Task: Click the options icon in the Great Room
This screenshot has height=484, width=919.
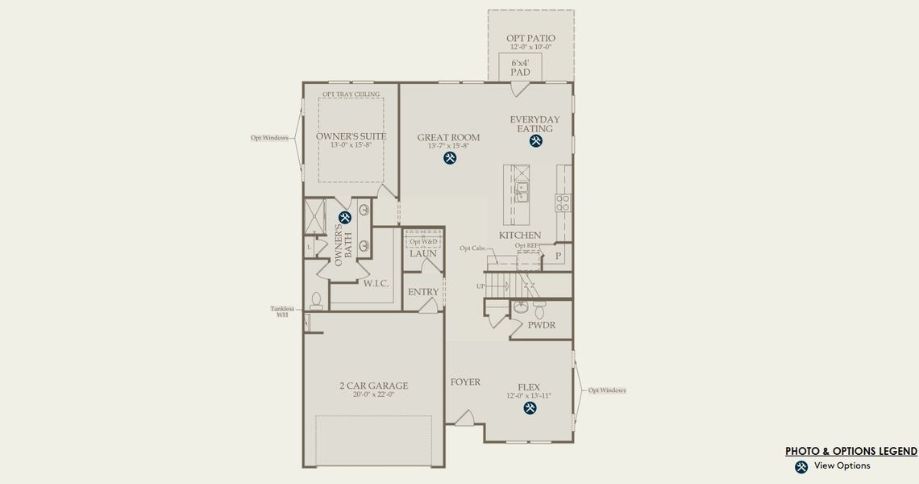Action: coord(450,158)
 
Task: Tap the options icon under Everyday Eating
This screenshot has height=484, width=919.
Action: coord(535,141)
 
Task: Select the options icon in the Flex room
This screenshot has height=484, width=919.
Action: coord(530,408)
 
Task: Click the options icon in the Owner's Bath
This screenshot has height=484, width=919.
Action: coord(345,217)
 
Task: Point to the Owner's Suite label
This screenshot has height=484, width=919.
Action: coord(351,136)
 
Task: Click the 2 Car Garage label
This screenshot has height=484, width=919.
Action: coord(373,386)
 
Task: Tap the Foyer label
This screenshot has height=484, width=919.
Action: coord(465,382)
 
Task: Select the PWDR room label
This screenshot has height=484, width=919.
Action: coord(542,325)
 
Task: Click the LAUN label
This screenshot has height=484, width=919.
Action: coord(422,253)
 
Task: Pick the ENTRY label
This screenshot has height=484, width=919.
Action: coord(423,292)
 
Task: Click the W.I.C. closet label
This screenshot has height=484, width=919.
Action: coord(376,283)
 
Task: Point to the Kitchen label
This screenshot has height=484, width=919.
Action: coord(519,236)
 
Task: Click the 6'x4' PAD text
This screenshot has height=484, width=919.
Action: coord(521,67)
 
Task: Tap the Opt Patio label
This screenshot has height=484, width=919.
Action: coord(530,38)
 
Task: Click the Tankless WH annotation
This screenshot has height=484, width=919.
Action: coord(282,311)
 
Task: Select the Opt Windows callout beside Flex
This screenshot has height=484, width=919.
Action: coord(607,390)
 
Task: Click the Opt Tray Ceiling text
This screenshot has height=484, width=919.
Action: coord(350,94)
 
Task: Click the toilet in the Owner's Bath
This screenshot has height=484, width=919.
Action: coord(316,301)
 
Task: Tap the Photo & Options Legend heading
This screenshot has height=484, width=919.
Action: coord(850,451)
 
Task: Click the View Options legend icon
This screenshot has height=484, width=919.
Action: coord(801,466)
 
